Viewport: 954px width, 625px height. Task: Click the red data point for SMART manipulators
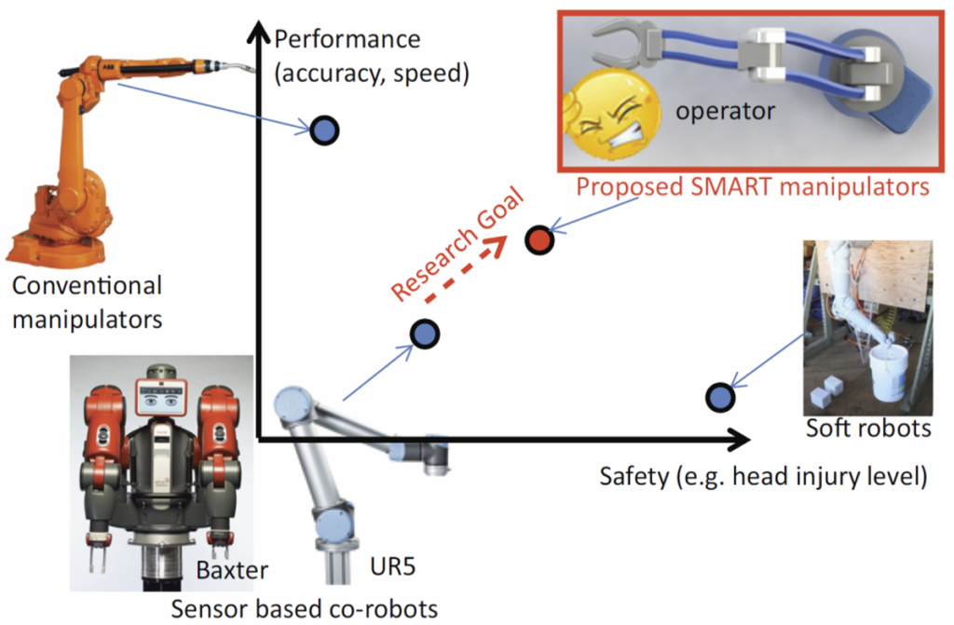pyautogui.click(x=538, y=240)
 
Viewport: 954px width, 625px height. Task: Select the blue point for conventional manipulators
pyautogui.click(x=324, y=130)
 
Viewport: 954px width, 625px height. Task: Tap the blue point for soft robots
pyautogui.click(x=719, y=398)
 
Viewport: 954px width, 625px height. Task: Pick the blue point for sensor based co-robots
pyautogui.click(x=424, y=333)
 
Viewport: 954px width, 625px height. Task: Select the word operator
pyautogui.click(x=725, y=111)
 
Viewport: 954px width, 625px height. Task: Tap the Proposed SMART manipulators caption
pyautogui.click(x=753, y=186)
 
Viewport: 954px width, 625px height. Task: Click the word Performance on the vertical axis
pyautogui.click(x=348, y=40)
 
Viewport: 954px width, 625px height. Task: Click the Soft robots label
pyautogui.click(x=868, y=428)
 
